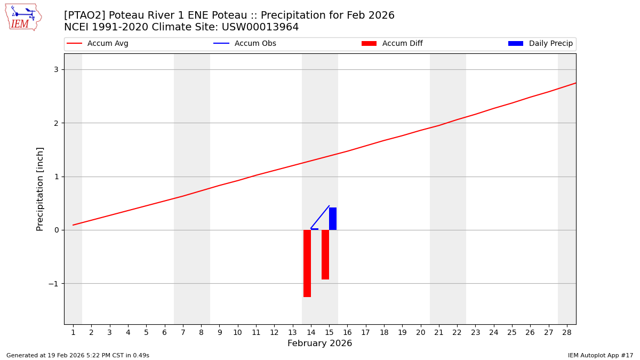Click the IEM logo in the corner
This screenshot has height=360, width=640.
click(x=23, y=17)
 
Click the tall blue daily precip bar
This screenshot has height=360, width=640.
click(x=333, y=219)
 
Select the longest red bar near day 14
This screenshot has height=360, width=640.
click(x=307, y=263)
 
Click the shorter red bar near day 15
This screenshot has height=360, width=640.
click(x=325, y=254)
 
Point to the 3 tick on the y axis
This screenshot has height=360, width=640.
click(x=56, y=70)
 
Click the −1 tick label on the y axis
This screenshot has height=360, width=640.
click(x=54, y=284)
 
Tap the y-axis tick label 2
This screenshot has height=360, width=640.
click(x=56, y=123)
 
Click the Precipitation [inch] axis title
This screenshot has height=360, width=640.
click(x=40, y=189)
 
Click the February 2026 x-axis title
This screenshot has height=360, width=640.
click(x=319, y=343)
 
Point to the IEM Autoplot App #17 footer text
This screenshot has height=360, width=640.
click(x=600, y=355)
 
